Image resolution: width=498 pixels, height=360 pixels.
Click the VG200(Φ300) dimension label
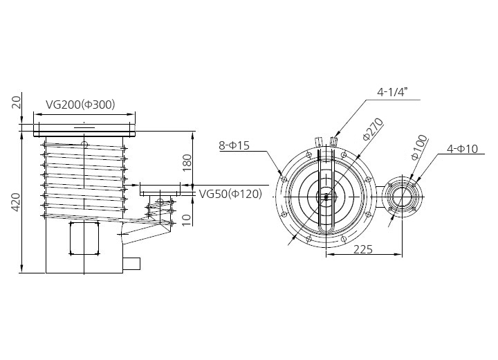(80, 105)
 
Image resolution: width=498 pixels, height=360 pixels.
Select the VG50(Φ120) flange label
(230, 194)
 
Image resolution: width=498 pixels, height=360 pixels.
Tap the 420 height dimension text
(15, 202)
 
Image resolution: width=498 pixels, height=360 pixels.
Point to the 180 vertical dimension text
(187, 163)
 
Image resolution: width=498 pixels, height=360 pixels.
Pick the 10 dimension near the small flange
(187, 219)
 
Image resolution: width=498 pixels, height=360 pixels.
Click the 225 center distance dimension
(363, 249)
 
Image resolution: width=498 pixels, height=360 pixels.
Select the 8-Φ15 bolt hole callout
(234, 145)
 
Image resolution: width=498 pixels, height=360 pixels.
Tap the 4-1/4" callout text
(392, 92)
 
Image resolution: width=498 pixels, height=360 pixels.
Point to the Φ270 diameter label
(373, 129)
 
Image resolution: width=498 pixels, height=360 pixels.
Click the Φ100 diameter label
(419, 147)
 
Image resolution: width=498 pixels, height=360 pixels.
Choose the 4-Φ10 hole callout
(462, 149)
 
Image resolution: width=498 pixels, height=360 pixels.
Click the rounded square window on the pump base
(84, 238)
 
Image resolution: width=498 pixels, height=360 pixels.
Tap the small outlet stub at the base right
(131, 264)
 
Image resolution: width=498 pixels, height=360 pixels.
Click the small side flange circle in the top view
(402, 197)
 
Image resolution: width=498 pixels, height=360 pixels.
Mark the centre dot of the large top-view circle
(326, 197)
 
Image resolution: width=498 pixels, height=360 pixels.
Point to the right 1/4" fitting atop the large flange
(333, 141)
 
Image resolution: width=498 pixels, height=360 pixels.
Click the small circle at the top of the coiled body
(84, 145)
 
